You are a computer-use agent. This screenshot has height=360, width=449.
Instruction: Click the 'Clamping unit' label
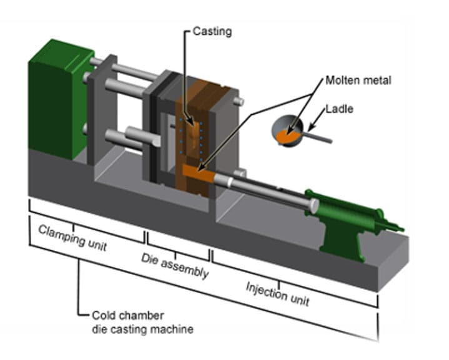[x=72, y=237]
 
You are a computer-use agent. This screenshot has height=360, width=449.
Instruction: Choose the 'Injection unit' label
[x=277, y=292]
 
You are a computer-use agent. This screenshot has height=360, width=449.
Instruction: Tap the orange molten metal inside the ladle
[x=288, y=133]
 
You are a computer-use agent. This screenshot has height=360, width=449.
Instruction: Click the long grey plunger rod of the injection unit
[x=269, y=190]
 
